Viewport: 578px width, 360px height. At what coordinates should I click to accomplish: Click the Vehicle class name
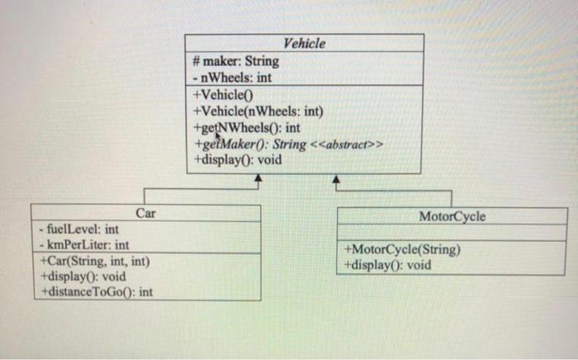(304, 44)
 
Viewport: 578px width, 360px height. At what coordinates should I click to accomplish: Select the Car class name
(145, 213)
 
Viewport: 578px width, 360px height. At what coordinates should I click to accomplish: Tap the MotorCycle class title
(452, 216)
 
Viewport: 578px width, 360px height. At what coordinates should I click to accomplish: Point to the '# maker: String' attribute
(235, 61)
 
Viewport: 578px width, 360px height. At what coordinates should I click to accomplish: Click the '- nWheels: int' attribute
(231, 78)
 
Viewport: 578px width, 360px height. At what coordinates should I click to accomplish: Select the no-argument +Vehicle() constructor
(219, 96)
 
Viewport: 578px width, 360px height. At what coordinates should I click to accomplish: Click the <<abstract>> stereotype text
(350, 145)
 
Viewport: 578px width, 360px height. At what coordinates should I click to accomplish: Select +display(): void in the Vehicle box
(236, 160)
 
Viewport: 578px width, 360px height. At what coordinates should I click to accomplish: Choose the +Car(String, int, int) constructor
(95, 261)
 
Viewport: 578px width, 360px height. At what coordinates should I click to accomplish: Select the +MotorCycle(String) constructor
(402, 250)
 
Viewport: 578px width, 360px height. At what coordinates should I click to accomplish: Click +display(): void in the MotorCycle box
(387, 265)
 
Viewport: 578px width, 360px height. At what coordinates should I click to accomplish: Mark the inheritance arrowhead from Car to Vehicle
(258, 178)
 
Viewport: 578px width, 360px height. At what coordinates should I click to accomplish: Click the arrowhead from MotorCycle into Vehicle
(337, 178)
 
